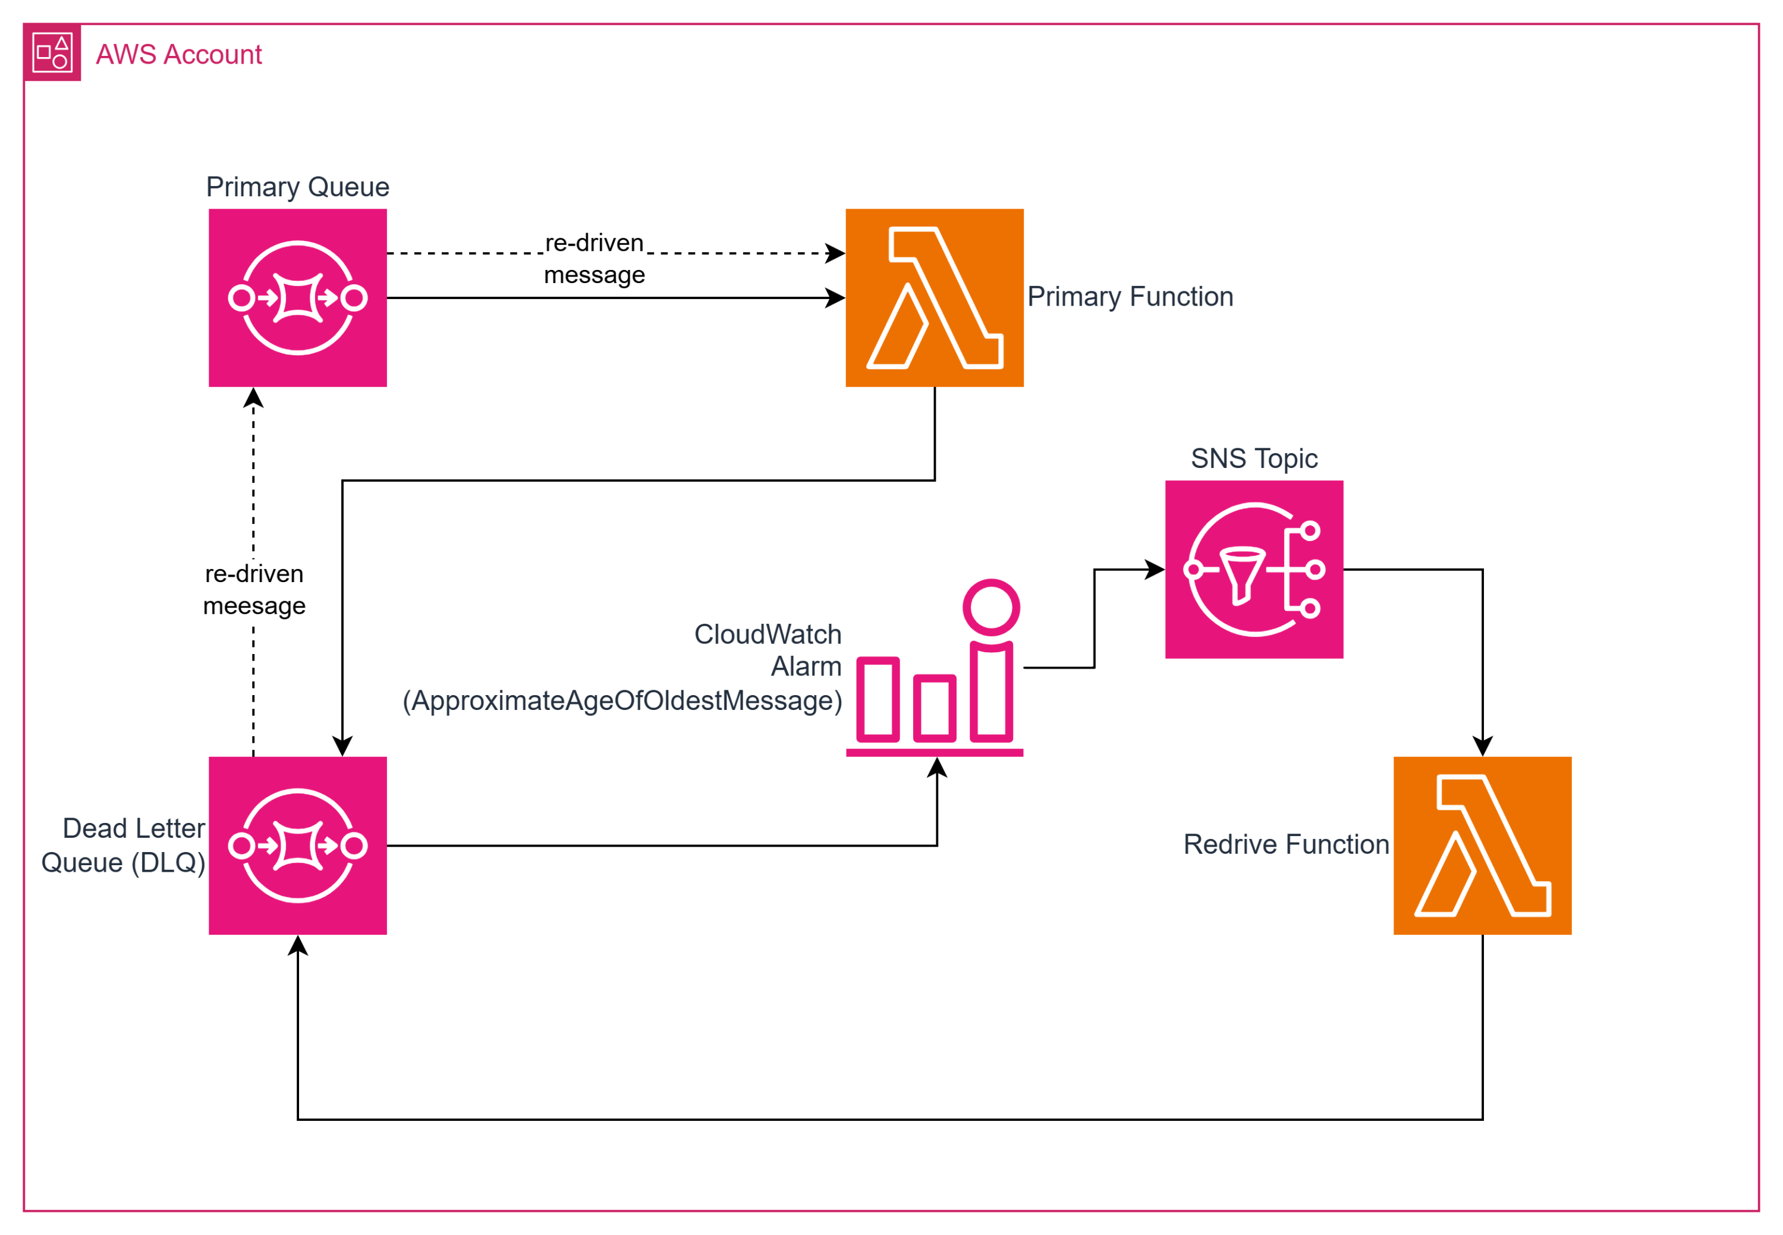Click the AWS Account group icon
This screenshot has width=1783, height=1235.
52,52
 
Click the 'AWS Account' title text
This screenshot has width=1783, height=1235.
179,55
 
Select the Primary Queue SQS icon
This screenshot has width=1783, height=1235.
298,298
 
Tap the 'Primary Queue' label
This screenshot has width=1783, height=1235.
298,187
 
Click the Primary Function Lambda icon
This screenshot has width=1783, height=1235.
935,298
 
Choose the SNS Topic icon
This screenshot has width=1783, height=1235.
1254,570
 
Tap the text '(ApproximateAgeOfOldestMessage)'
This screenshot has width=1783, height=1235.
622,701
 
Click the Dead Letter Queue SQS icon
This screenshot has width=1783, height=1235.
298,846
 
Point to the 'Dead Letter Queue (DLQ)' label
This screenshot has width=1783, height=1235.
124,846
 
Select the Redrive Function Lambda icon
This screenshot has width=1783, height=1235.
1482,846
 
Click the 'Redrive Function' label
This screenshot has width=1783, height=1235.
1285,844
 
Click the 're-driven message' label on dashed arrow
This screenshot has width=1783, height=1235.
594,259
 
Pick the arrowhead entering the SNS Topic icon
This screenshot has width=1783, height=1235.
1156,570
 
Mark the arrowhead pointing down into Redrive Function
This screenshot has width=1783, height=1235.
1482,747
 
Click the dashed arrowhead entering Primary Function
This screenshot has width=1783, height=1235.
836,253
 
